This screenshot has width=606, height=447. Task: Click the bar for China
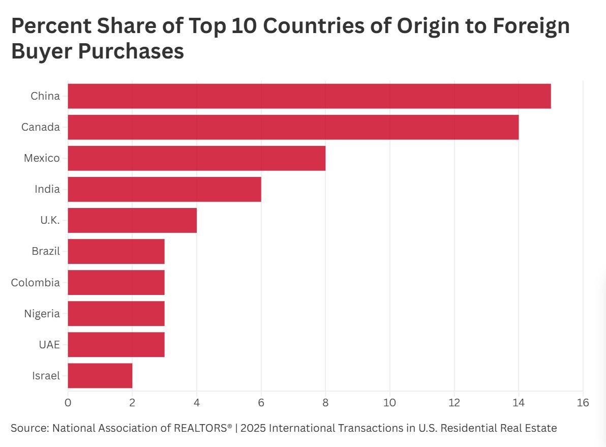coord(309,96)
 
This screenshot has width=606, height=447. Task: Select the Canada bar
coord(293,127)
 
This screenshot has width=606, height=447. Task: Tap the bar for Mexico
coord(196,158)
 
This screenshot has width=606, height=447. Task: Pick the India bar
coord(164,189)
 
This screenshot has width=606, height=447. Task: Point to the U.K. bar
coord(132,220)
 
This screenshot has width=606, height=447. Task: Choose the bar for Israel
coord(100,376)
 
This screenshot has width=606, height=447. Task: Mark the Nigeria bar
coord(116,314)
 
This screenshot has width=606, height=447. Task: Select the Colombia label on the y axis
coord(36,283)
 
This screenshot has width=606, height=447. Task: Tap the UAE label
coord(49,345)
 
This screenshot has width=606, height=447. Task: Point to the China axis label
coord(45,96)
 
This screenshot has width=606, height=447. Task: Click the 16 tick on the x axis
coord(583,403)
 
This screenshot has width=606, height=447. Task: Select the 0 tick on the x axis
coord(68,403)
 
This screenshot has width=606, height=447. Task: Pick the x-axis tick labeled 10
coord(390,403)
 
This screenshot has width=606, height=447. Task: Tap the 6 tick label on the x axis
coord(261,403)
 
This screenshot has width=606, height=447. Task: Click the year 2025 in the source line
coord(253,428)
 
